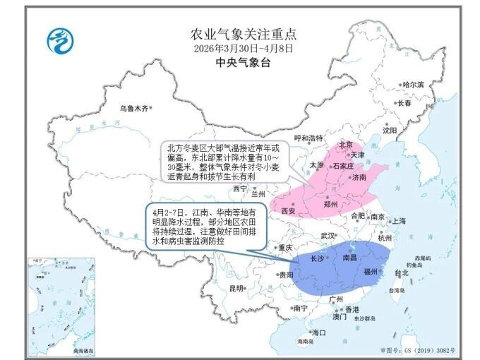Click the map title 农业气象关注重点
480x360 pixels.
pyautogui.click(x=243, y=33)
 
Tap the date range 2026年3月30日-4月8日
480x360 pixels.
pyautogui.click(x=243, y=48)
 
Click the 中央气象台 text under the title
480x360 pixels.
pyautogui.click(x=243, y=62)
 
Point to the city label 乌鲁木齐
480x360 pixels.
pyautogui.click(x=134, y=109)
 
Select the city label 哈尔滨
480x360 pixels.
pyautogui.click(x=413, y=85)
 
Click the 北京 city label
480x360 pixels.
pyautogui.click(x=346, y=145)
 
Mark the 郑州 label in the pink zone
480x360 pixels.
pyautogui.click(x=330, y=204)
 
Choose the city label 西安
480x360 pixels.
pyautogui.click(x=288, y=210)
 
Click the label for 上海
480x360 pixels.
pyautogui.click(x=399, y=221)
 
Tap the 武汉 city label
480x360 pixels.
pyautogui.click(x=328, y=236)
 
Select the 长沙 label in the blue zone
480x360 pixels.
pyautogui.click(x=318, y=258)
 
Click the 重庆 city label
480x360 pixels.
pyautogui.click(x=285, y=248)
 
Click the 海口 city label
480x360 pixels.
pyautogui.click(x=319, y=332)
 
